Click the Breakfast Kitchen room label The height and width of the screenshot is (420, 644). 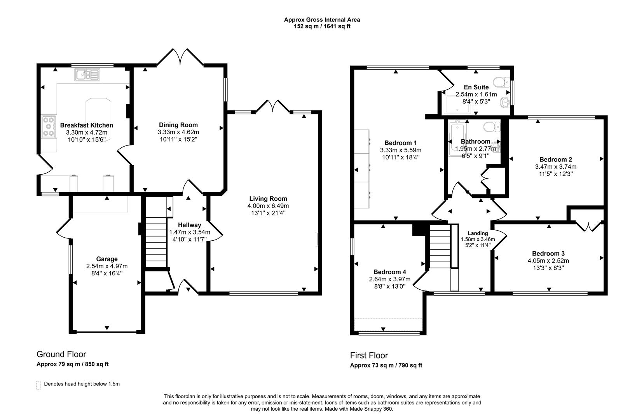click(x=86, y=125)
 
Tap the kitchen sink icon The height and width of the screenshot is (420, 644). click(x=88, y=75)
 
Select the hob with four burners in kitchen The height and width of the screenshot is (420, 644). click(x=48, y=126)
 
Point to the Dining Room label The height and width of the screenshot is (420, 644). click(x=178, y=125)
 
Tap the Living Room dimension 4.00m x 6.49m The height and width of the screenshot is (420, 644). click(x=268, y=206)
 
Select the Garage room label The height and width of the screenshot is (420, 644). click(x=107, y=259)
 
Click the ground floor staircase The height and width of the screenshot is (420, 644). click(x=156, y=241)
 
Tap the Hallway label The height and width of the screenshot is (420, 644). click(x=189, y=225)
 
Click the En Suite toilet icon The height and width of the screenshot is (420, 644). click(x=501, y=82)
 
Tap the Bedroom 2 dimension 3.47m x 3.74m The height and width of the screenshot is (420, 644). click(x=555, y=166)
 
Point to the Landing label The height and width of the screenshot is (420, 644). click(x=478, y=233)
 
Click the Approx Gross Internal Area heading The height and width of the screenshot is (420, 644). click(x=322, y=19)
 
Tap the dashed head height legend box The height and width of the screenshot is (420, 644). click(x=38, y=385)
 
